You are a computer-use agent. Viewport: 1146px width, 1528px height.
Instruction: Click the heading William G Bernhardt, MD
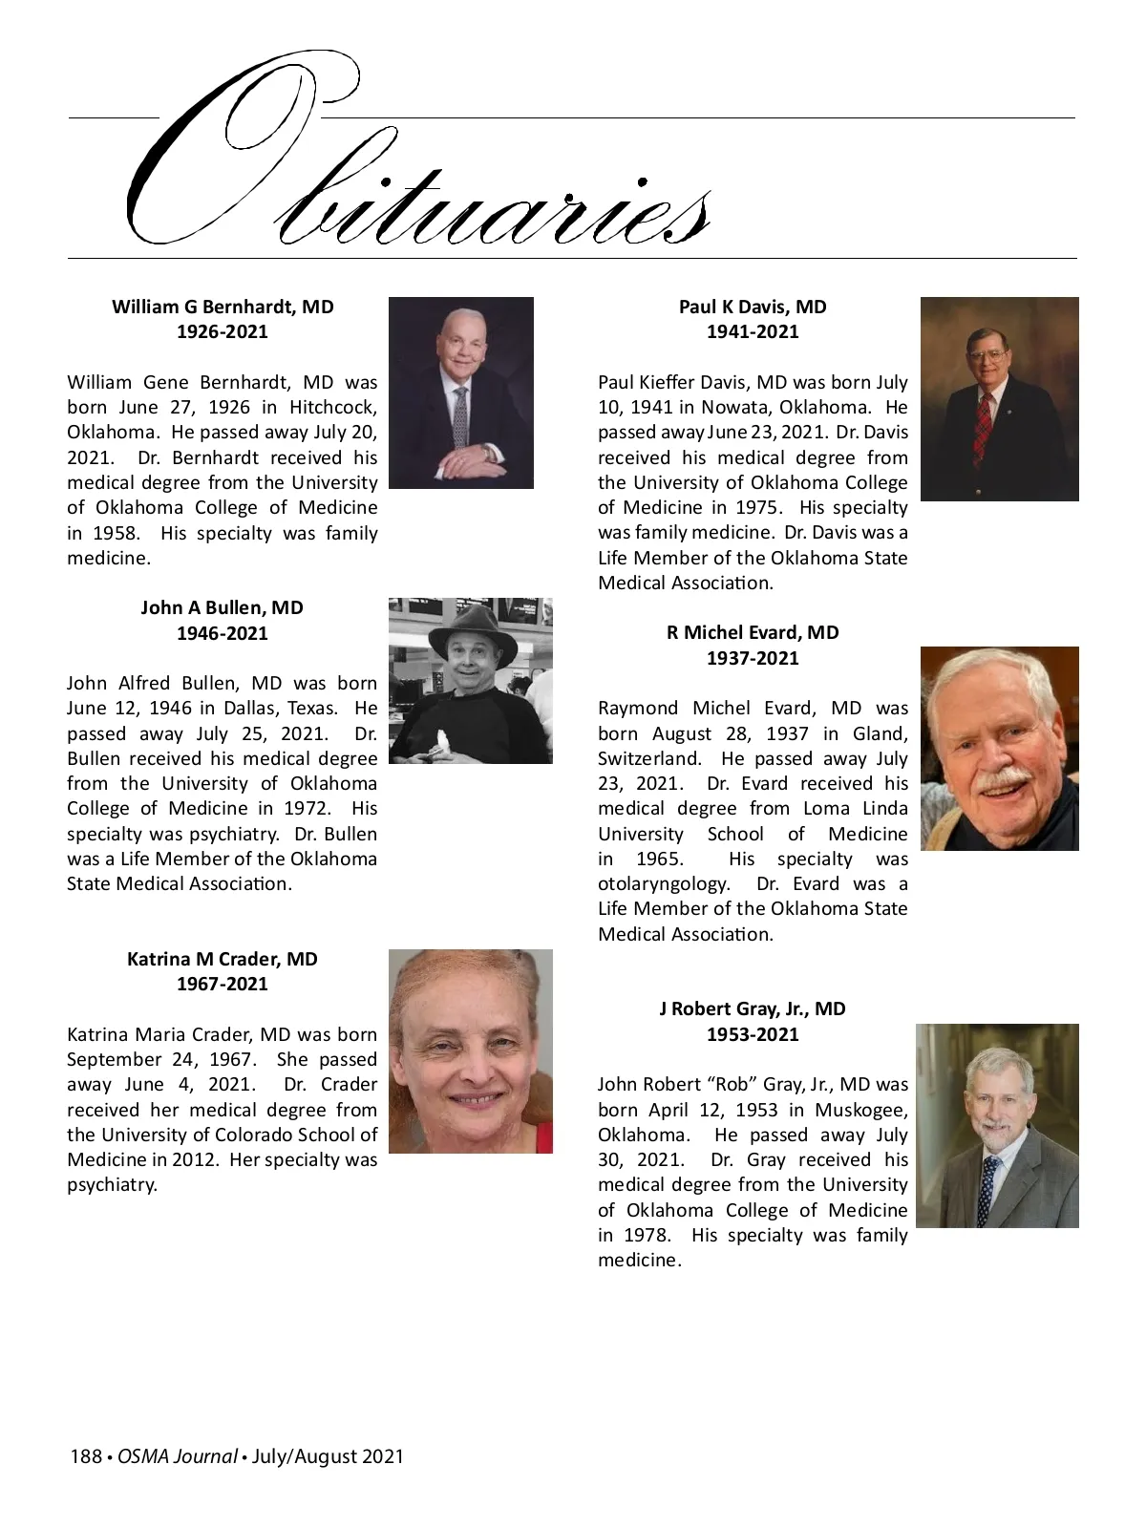coord(223,307)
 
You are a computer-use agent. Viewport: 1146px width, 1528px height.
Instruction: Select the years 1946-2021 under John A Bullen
coord(223,633)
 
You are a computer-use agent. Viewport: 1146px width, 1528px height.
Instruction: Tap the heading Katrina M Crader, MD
coord(223,959)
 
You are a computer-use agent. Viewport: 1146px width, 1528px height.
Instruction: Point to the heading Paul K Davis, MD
coord(753,307)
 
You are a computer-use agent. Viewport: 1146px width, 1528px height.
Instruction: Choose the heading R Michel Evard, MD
coord(753,632)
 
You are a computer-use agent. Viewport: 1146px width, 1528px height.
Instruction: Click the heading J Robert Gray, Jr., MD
coord(753,1008)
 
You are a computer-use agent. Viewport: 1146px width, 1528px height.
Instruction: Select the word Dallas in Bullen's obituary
coord(253,709)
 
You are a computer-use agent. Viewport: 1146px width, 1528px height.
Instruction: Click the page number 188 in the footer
coord(86,1456)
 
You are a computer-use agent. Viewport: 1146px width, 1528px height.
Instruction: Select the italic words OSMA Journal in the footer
coord(177,1456)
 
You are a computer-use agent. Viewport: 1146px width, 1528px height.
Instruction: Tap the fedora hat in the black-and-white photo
coord(471,632)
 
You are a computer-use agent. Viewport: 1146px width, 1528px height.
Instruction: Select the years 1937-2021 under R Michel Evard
coord(753,658)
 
